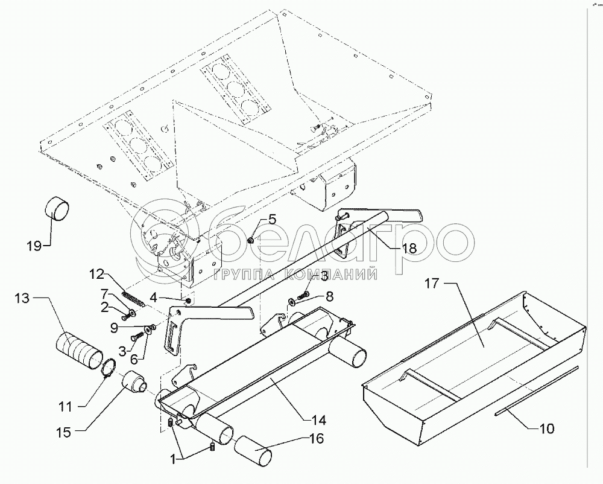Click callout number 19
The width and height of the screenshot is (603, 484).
pos(34,246)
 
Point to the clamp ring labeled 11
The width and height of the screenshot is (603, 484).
pos(109,367)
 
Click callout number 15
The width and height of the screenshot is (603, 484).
pos(65,433)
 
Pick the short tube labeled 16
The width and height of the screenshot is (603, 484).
pos(253,451)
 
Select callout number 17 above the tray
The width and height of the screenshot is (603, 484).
pos(432,284)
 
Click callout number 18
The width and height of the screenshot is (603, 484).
pos(410,248)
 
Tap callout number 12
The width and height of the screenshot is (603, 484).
pos(96,275)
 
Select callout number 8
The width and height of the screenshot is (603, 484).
pos(330,296)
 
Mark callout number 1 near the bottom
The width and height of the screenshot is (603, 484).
pos(174,459)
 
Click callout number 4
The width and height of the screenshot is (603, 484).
pos(153,297)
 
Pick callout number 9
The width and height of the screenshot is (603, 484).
pos(114,328)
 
